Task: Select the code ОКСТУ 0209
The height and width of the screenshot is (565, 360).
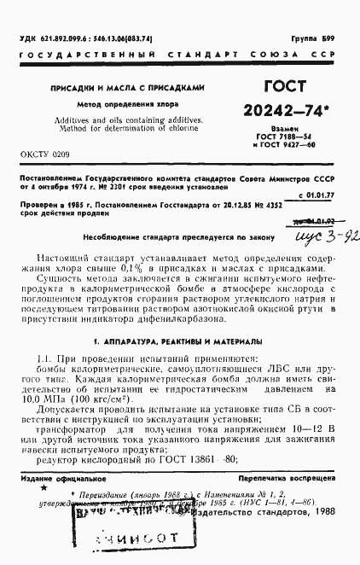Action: point(44,155)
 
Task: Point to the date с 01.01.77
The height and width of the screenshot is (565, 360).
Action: point(319,195)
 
